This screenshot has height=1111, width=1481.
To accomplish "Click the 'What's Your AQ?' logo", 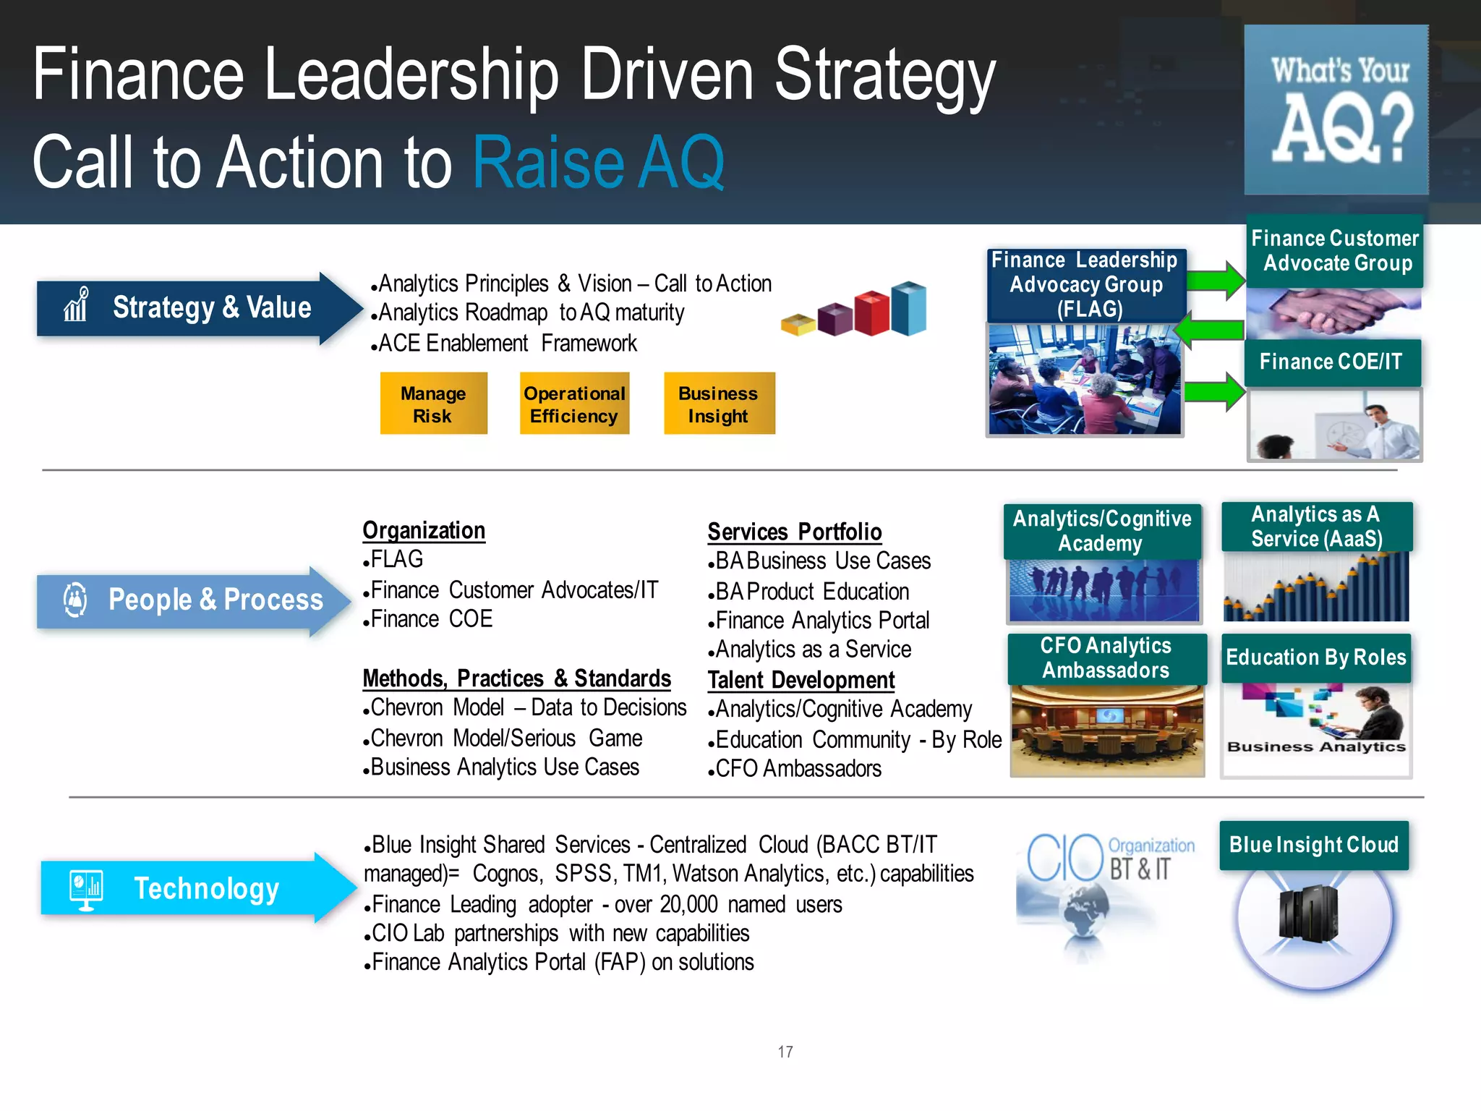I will (1336, 110).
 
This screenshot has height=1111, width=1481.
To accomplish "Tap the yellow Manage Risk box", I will (433, 404).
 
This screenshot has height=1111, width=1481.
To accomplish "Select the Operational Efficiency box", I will (574, 404).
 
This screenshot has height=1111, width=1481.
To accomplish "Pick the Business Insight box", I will (719, 404).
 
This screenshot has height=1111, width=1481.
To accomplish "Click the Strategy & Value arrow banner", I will (195, 308).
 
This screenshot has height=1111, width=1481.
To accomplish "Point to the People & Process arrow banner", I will (192, 600).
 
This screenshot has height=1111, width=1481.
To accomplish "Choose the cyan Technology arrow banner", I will (195, 888).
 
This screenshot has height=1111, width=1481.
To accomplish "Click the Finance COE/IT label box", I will (1331, 362).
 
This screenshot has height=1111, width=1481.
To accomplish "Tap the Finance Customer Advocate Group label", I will (1335, 250).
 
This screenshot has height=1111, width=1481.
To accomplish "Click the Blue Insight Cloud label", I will (1313, 845).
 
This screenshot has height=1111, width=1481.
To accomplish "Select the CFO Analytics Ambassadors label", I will (1106, 658).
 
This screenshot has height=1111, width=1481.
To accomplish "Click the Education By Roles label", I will (1316, 657).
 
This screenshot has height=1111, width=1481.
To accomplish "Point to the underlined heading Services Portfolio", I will (794, 532).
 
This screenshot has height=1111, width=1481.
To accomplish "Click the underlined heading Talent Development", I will (801, 681).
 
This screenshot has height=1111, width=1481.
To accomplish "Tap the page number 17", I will (785, 1052).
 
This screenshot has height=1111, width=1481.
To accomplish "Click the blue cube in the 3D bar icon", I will (909, 309).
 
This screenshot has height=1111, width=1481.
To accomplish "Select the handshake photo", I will (1333, 312).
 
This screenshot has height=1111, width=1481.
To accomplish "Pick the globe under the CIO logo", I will (1085, 915).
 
